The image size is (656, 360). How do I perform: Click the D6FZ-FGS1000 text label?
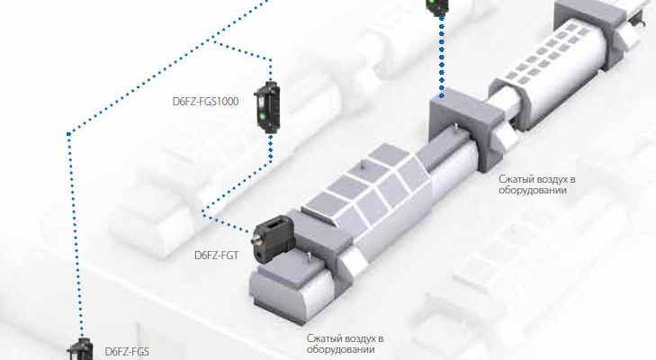coord(204,103)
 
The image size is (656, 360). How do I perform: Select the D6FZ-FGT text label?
coord(215,255)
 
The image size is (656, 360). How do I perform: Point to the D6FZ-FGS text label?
coord(127,352)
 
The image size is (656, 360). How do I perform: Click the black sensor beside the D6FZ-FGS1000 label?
coord(267,106)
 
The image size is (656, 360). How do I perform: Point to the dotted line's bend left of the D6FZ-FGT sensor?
coord(204,214)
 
